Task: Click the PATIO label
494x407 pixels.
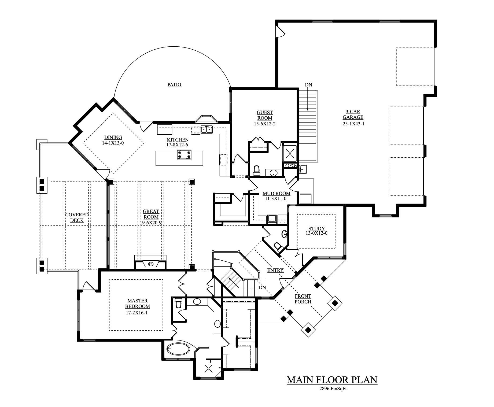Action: point(175,85)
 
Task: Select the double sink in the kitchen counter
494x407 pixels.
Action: point(207,130)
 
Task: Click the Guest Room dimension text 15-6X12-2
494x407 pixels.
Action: point(265,124)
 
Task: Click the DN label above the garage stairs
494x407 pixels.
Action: point(308,85)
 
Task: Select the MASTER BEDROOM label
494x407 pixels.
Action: point(137,304)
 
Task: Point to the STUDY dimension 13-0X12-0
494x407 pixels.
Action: point(316,233)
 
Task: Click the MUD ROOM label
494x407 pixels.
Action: point(276,193)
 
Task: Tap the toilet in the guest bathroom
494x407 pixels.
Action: point(257,171)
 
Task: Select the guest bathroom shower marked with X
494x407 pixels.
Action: point(290,153)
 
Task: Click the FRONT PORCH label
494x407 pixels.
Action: point(303,299)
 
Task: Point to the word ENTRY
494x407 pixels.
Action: point(275,270)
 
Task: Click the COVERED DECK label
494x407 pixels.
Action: point(77,217)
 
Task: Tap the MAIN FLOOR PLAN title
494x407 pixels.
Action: point(332,380)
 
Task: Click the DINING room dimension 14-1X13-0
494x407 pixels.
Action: point(113,143)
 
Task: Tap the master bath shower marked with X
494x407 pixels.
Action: point(208,369)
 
